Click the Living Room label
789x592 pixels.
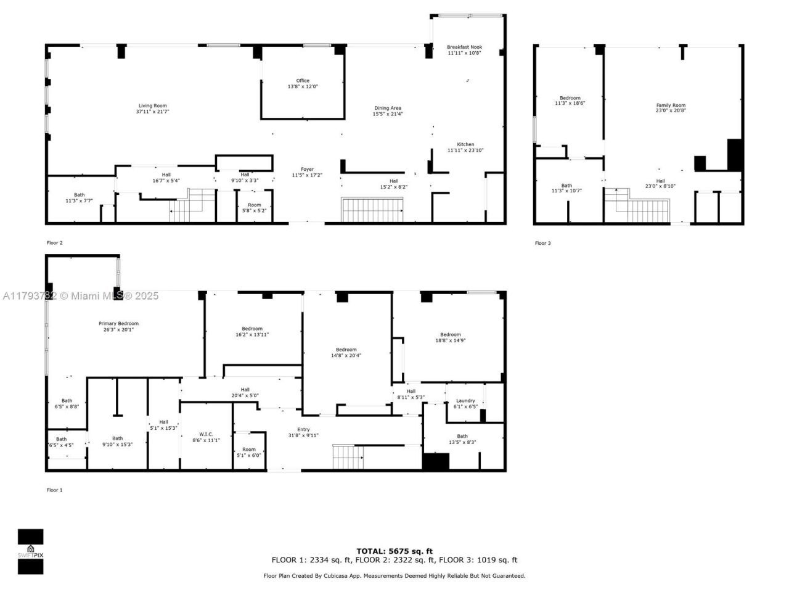click(152, 106)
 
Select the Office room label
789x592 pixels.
click(303, 81)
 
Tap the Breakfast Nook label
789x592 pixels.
click(465, 47)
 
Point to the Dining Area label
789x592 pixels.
click(388, 109)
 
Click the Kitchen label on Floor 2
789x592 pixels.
click(465, 144)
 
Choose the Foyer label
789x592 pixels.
click(307, 170)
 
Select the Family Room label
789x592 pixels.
click(671, 105)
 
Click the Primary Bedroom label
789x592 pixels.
click(118, 324)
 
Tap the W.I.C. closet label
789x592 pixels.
click(206, 434)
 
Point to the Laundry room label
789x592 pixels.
click(465, 401)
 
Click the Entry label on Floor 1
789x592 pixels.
click(303, 430)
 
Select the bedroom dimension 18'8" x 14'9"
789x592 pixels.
click(451, 340)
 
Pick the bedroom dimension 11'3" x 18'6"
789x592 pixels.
click(570, 104)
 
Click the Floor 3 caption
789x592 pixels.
click(542, 244)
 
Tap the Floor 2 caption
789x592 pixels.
click(55, 243)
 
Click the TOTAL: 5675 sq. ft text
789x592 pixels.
click(394, 551)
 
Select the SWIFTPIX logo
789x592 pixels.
click(30, 551)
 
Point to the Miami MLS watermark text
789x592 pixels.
click(80, 296)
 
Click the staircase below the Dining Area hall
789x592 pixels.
click(372, 210)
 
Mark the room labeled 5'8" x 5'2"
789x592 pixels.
click(255, 208)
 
